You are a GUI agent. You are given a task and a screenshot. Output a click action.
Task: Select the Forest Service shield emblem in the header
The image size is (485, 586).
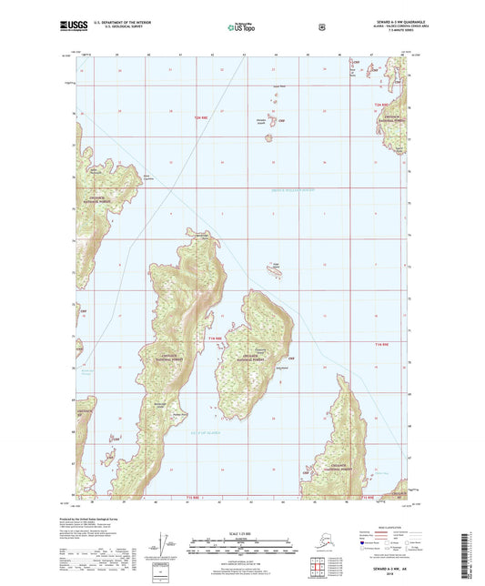321,27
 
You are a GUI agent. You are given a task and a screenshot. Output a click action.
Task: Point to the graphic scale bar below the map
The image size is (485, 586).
241,548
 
